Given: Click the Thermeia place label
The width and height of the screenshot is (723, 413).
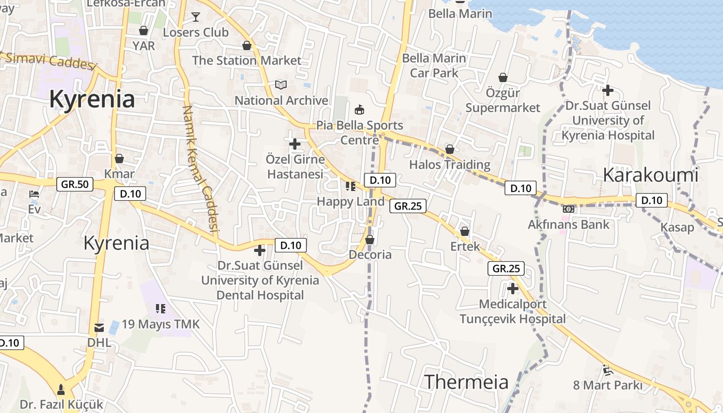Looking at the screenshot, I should click(466, 382).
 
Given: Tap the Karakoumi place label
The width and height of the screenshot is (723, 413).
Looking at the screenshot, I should click(650, 175).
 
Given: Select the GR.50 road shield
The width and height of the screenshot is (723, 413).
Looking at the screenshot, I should click(75, 184).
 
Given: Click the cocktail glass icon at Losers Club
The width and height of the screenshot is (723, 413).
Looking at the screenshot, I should click(196, 17).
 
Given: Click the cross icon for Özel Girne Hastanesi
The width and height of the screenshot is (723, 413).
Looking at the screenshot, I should click(295, 144).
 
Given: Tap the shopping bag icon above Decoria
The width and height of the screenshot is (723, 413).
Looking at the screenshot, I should click(370, 240).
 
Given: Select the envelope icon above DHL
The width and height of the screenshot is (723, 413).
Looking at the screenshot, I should click(99, 328).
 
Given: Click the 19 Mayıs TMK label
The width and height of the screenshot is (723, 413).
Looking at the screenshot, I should click(161, 324).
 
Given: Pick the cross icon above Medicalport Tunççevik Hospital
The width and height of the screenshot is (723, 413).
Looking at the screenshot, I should click(512, 288).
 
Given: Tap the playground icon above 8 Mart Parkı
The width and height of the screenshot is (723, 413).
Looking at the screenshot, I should click(608, 370).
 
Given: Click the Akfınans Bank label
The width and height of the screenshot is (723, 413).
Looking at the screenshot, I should click(569, 225).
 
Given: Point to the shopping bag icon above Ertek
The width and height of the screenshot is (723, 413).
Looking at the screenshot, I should click(465, 231).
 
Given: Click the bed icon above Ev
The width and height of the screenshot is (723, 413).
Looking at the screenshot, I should click(34, 195).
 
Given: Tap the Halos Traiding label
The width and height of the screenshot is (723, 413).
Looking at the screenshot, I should click(450, 165).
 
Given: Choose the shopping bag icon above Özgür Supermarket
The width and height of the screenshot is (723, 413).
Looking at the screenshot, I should click(503, 77).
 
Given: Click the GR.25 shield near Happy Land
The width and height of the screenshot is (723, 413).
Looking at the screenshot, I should click(408, 206).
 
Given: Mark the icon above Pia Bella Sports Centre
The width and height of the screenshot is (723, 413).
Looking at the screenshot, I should click(359, 109).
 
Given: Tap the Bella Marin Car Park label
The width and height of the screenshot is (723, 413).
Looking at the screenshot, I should click(434, 66).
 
